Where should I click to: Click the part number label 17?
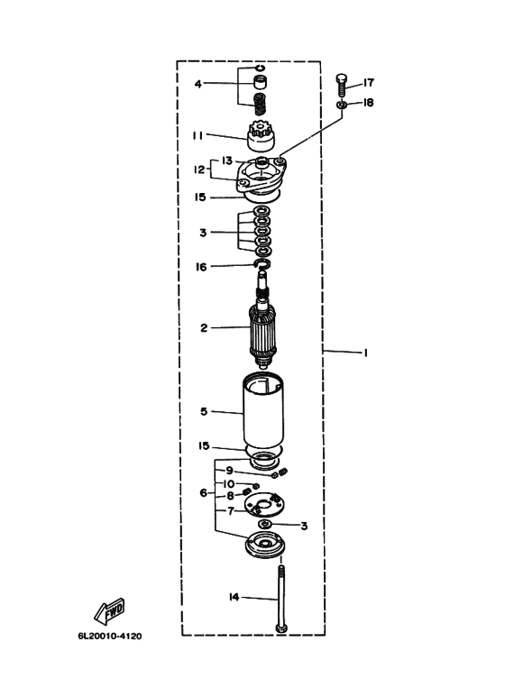point(369,83)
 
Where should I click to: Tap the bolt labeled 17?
point(342,86)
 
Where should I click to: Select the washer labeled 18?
point(342,105)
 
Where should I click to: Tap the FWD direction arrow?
point(109,611)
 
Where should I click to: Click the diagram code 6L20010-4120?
point(110,636)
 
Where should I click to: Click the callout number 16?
point(201,267)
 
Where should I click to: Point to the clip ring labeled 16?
point(262,264)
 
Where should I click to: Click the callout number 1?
point(365,353)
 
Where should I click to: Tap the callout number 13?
point(227,160)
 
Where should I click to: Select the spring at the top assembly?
point(260,105)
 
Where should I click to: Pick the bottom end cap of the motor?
point(265,545)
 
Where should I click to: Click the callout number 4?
point(198,84)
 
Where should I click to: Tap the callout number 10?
point(228,483)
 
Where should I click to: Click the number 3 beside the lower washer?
point(304,526)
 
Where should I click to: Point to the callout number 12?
point(199,170)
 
